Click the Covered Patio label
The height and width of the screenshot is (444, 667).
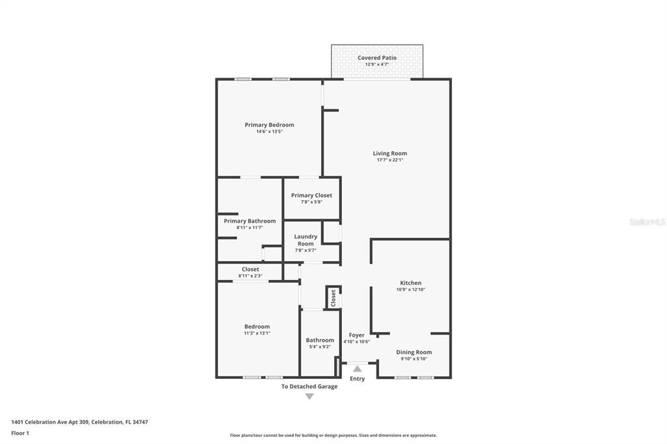pos(376,58)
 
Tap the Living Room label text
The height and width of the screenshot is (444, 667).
pos(390,154)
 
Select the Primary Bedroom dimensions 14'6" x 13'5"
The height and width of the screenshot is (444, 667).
pos(269,132)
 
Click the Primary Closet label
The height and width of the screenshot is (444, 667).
pos(311,195)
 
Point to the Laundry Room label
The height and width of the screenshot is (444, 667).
pos(305,240)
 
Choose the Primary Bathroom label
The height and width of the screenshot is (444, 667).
pos(249,221)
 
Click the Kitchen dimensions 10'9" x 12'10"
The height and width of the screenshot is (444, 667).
pos(410,290)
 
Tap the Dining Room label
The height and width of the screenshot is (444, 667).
pos(414,352)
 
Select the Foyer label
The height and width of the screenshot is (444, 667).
pos(356,335)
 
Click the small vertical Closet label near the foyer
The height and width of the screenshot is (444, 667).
pos(333,298)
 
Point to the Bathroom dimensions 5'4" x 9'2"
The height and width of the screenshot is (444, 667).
pos(320,347)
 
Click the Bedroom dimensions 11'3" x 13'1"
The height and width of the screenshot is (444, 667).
pos(257,333)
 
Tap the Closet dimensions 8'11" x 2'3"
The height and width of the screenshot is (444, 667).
pos(250,276)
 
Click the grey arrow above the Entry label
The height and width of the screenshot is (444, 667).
pos(357,369)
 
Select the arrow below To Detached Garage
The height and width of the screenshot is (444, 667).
pos(309,396)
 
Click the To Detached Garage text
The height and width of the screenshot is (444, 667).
pos(309,386)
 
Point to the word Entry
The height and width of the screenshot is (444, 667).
pos(357,378)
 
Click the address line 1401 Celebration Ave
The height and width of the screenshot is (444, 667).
pos(79,422)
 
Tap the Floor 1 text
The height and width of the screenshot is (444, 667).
pos(20,433)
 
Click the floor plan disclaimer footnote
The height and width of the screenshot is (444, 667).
pos(333,436)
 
